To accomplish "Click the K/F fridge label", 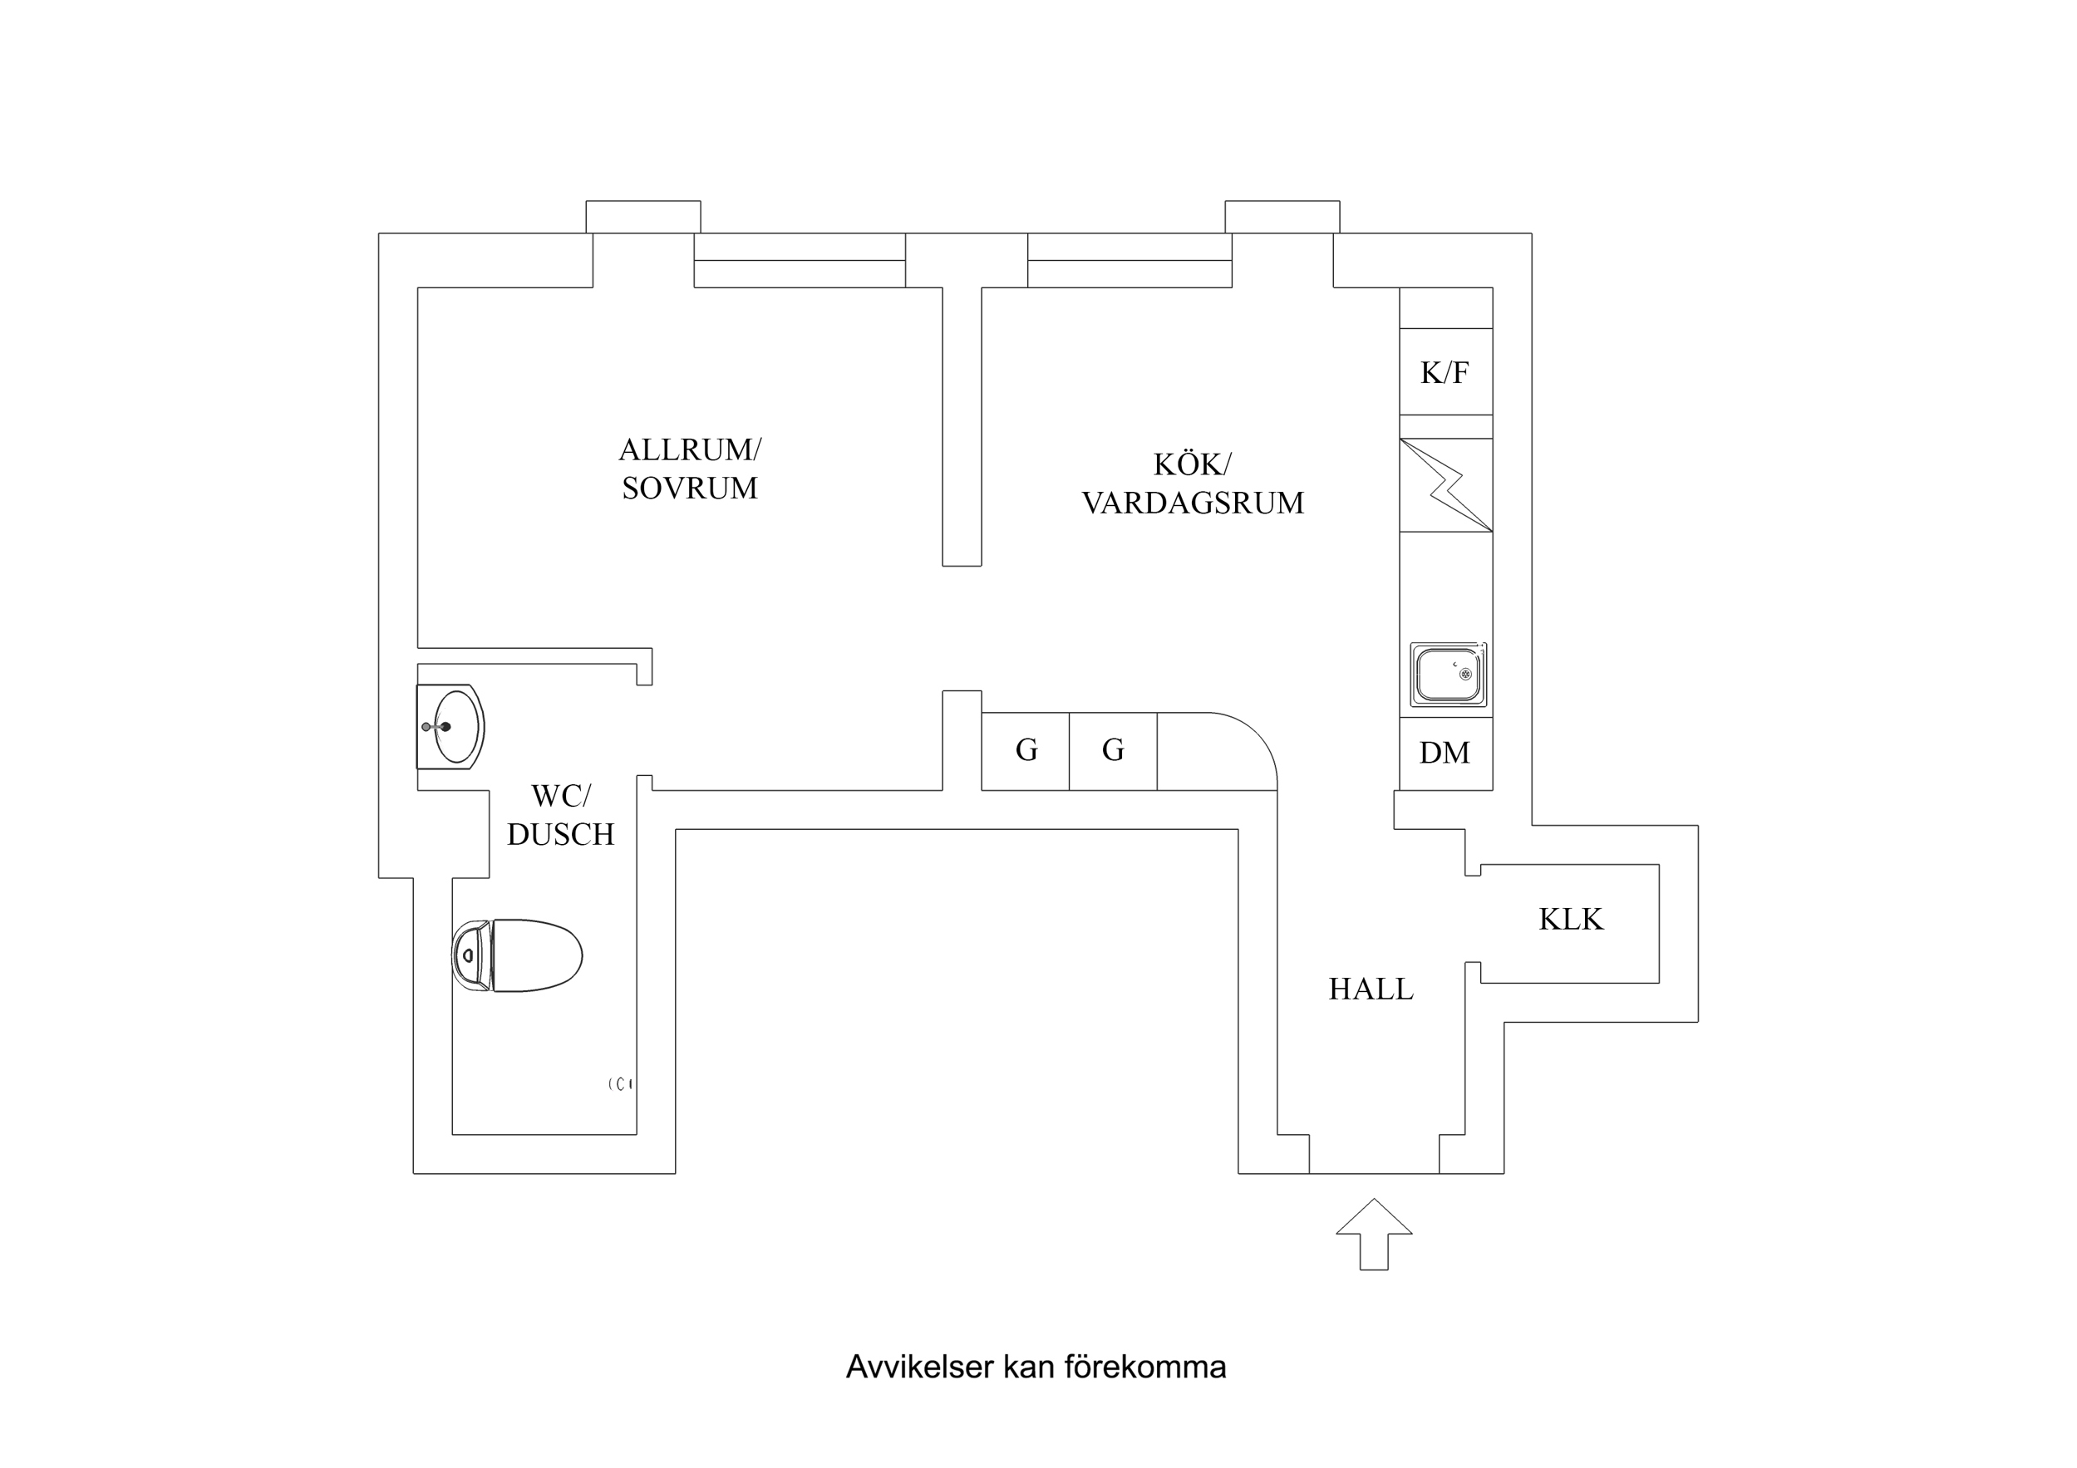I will (1445, 373).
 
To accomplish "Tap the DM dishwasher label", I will (1445, 753).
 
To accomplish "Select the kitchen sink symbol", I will (1449, 675).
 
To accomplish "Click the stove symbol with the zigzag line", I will (1445, 486).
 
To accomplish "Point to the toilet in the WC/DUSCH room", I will (518, 955).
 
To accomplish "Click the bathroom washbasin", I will (451, 726).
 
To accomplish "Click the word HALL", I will (1371, 989).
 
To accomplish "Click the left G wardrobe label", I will (1026, 750).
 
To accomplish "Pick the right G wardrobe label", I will (1113, 750).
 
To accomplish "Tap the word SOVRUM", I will (689, 489).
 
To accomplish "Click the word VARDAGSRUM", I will (1193, 503).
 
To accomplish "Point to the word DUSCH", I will (560, 834).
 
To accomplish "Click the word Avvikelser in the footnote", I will (919, 1367).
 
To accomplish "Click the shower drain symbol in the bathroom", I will (621, 1083).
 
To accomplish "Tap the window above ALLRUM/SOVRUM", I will (800, 261).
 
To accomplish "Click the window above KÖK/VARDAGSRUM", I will (1129, 261).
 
